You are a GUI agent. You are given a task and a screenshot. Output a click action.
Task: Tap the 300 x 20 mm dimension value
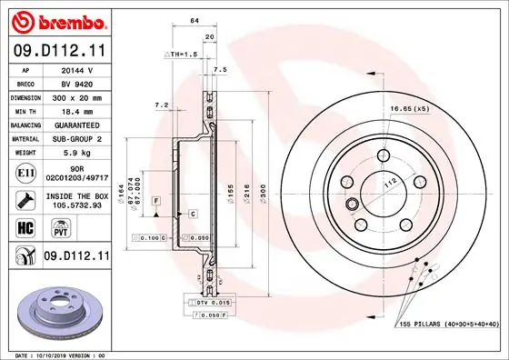(77, 95)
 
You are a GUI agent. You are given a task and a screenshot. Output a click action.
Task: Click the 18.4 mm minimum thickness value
(77, 109)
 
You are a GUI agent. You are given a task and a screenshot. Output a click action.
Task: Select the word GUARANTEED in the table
(77, 124)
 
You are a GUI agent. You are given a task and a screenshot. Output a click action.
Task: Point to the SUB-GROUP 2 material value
(77, 138)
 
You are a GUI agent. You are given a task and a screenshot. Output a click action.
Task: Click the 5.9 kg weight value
(77, 153)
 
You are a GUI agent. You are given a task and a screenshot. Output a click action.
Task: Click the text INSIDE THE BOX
(76, 195)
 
